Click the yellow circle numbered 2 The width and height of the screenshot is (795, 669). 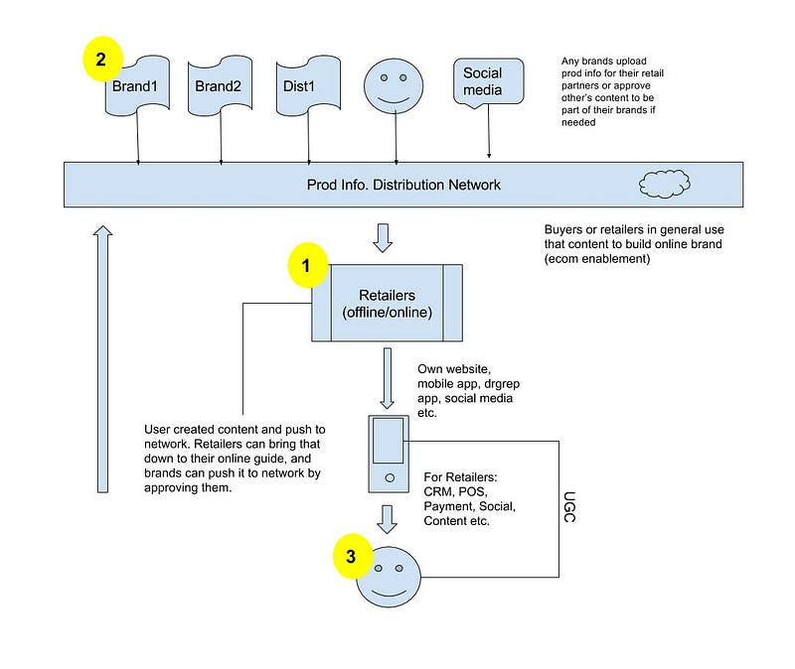tap(103, 59)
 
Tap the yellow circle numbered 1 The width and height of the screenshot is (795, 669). tap(308, 265)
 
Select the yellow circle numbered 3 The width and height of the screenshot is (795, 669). tap(353, 556)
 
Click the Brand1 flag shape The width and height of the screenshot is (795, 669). tap(137, 86)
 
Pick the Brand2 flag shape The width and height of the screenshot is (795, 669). tap(220, 86)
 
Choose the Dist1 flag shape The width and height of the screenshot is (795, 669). tap(308, 86)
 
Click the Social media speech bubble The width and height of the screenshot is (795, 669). tap(488, 83)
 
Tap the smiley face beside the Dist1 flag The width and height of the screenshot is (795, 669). tap(394, 85)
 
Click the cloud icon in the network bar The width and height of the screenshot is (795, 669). tap(665, 184)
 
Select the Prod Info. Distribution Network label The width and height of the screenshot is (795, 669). tap(403, 185)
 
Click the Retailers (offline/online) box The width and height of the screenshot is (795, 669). tap(387, 303)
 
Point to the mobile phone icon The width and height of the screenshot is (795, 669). tap(389, 454)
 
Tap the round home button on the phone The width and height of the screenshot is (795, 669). tap(390, 477)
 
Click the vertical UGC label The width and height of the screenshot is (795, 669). tap(569, 507)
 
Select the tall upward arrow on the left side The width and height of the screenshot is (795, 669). tap(103, 359)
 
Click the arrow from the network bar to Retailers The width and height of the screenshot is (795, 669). tap(383, 238)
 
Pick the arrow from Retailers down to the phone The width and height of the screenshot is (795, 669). tap(388, 378)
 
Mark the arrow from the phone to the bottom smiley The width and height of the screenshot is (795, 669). tap(387, 519)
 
